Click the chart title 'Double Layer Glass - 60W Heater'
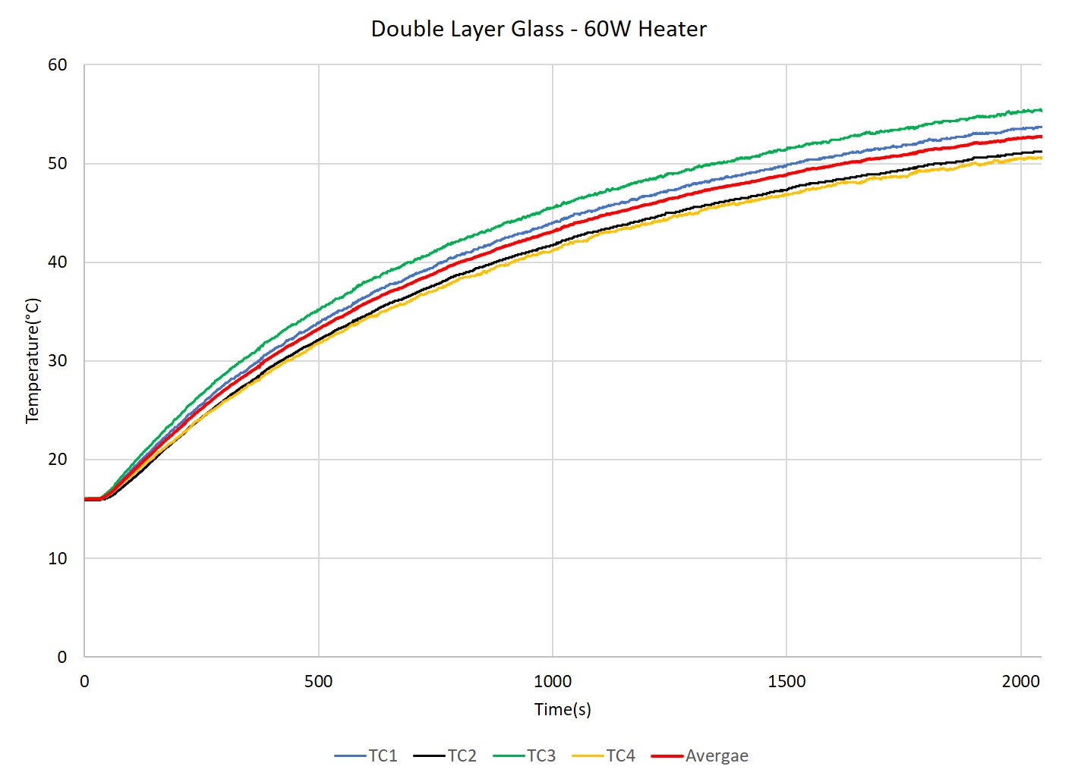click(x=538, y=29)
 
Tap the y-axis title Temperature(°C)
click(x=32, y=360)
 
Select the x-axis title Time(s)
click(x=563, y=709)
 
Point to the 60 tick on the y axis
click(x=58, y=65)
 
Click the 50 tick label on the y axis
click(x=58, y=164)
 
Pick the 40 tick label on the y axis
click(x=58, y=262)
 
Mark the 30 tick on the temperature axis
click(x=58, y=361)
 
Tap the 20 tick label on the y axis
click(x=58, y=460)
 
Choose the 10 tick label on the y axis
click(x=58, y=558)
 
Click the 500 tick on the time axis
click(x=318, y=681)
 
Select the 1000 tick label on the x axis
click(x=553, y=681)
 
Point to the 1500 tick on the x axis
click(x=786, y=681)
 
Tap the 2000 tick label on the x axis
click(x=1020, y=681)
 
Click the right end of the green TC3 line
click(x=1040, y=110)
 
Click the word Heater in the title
click(x=672, y=29)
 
